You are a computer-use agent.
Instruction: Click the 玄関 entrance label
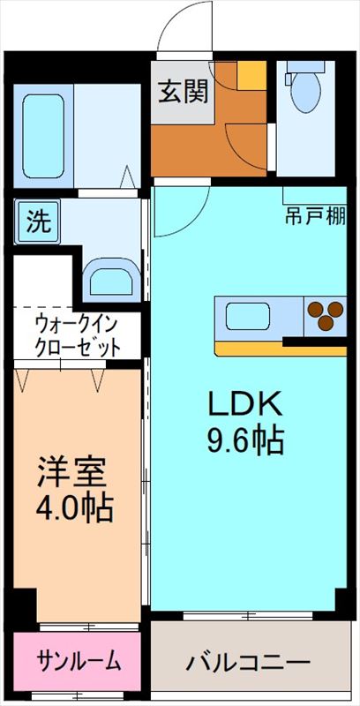180,92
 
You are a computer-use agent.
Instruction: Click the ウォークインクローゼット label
78,335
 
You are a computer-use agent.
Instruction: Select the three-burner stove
325,315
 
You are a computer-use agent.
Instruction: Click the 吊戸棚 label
316,214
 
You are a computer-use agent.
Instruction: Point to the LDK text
244,404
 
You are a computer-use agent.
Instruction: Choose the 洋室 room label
71,472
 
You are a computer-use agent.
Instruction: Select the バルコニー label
248,661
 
